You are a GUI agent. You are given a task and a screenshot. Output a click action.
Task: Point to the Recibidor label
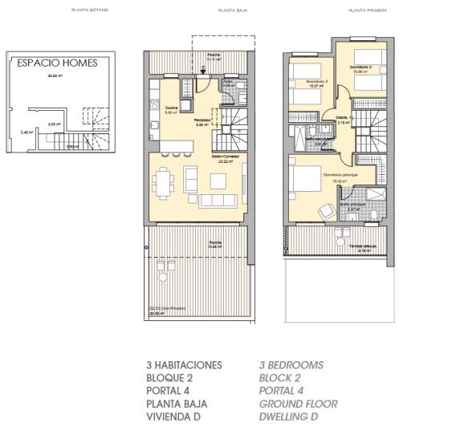203,120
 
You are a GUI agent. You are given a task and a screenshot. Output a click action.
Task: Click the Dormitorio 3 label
359,67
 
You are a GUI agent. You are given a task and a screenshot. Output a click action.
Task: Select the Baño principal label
352,203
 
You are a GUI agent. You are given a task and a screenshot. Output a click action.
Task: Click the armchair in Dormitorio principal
326,211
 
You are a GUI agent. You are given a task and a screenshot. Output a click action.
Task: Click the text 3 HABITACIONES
184,365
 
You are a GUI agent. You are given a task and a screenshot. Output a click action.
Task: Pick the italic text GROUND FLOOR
298,404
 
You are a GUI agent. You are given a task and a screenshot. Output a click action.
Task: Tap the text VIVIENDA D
173,417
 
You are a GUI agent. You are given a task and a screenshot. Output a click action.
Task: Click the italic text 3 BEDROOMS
291,365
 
